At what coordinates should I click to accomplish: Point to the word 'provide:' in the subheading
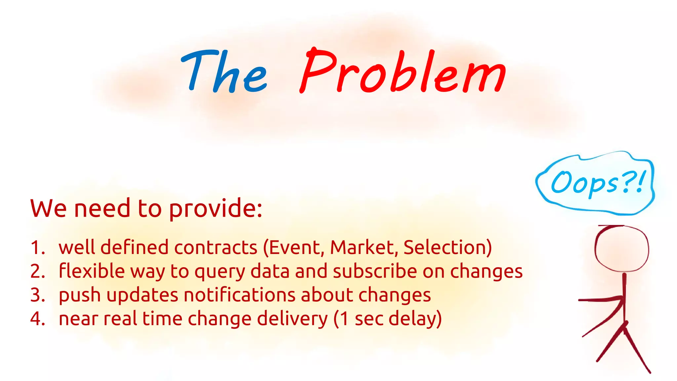point(216,209)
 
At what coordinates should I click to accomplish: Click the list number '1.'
point(38,247)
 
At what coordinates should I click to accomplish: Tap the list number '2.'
point(38,271)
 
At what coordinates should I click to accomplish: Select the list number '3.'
point(38,295)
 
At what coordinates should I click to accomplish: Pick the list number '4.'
point(38,319)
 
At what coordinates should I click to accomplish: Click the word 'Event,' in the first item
point(294,247)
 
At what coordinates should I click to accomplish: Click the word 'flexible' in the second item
point(92,271)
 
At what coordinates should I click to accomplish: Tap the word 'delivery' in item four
point(292,319)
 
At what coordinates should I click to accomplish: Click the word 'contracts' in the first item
point(216,247)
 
